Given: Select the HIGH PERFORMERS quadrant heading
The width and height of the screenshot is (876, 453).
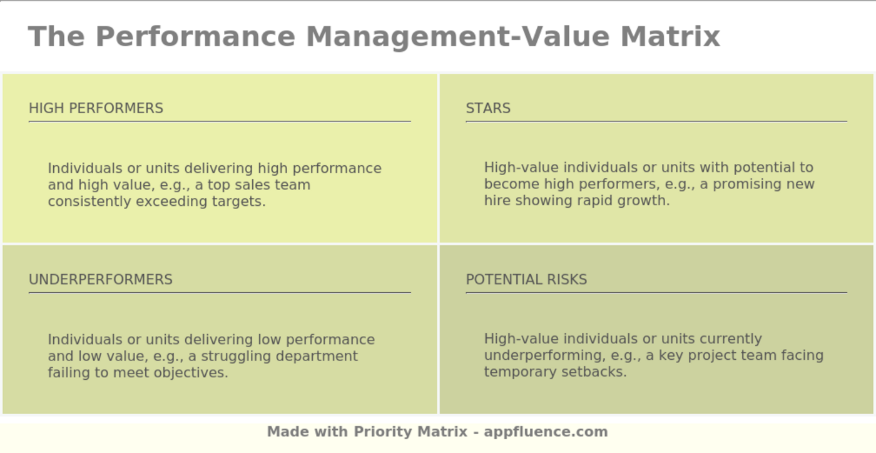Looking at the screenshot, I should (96, 108).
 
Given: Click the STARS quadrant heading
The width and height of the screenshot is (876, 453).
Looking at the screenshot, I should (488, 108).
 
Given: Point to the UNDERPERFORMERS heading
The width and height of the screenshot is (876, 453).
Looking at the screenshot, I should (101, 280).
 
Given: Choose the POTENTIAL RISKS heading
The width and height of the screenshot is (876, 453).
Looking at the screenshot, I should (526, 280).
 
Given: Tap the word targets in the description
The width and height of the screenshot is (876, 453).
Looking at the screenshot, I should (240, 201).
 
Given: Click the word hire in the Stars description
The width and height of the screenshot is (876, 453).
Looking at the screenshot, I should (497, 201).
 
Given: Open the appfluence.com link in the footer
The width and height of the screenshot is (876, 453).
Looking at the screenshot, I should (546, 432).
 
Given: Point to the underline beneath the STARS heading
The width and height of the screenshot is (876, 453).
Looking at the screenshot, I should (656, 121).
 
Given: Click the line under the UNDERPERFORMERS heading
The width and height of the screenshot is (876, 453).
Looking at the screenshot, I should (220, 292).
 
